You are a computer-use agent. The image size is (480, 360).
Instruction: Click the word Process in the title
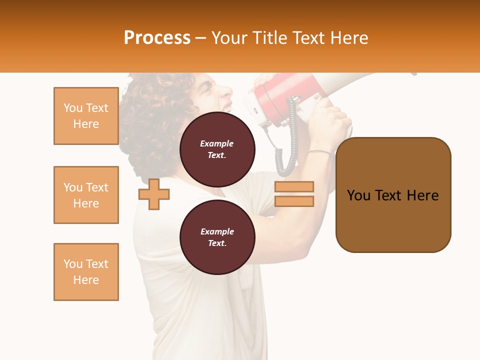[x=157, y=38]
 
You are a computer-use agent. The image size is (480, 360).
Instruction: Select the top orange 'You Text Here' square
[x=86, y=116]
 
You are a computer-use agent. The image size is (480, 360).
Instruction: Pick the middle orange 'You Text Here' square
[x=86, y=195]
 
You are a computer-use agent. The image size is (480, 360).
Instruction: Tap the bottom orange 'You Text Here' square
[x=86, y=272]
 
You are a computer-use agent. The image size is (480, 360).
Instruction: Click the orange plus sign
[x=154, y=193]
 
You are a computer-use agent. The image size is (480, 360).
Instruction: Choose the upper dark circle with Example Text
[x=217, y=149]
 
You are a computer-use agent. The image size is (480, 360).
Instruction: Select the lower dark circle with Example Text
[x=217, y=237]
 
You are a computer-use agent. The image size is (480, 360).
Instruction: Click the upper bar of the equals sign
[x=294, y=186]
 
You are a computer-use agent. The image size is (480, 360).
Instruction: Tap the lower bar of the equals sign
[x=294, y=201]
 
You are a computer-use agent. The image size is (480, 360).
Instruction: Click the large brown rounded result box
[x=393, y=220]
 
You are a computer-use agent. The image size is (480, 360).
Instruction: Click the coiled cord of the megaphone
[x=288, y=145]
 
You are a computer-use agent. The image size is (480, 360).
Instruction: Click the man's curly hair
[x=150, y=115]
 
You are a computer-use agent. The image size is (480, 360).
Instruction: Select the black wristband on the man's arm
[x=319, y=151]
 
